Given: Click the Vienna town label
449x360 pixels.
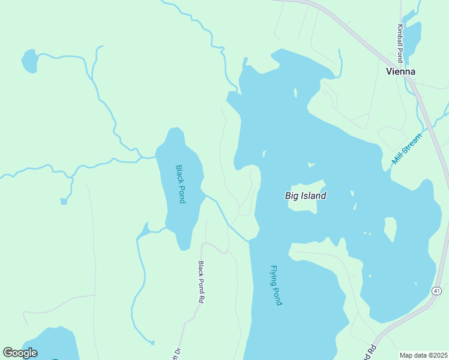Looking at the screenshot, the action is point(400,71).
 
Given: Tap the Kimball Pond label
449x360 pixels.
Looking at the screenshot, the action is point(399,43).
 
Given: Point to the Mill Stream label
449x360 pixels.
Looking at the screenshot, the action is point(407,149).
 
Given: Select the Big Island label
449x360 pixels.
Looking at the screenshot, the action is point(306,196).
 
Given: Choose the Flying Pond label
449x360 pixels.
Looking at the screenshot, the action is point(276,286).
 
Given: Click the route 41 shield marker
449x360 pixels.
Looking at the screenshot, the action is point(436,290).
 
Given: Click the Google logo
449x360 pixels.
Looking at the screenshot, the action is point(20,353).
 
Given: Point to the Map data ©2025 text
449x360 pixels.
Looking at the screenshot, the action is point(423,355).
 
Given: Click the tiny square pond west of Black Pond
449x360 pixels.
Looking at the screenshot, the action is point(64,201).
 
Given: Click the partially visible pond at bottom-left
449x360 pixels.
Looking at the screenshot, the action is point(54,345).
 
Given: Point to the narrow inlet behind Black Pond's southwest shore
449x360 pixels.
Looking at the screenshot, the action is point(143,230).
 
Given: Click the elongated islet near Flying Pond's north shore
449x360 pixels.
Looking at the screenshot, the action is point(295,93).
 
